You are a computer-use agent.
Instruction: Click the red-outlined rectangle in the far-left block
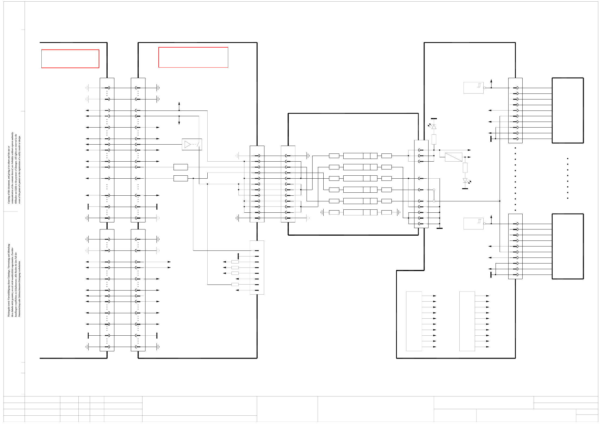pos(70,59)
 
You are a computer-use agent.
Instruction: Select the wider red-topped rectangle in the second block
pos(193,57)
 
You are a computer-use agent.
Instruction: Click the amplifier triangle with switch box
pos(192,144)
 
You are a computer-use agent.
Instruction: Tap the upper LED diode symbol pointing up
pos(434,126)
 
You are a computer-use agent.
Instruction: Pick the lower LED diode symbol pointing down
pos(465,181)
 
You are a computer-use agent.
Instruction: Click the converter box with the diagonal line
pos(453,157)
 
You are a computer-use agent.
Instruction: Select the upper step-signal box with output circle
pos(473,88)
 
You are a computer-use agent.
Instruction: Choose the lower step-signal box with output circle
pos(473,224)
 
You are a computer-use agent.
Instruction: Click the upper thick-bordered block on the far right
pos(567,110)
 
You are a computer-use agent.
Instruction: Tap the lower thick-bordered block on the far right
pos(567,246)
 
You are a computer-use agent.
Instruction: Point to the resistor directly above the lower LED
pos(465,168)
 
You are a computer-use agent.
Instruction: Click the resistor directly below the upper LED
pos(434,139)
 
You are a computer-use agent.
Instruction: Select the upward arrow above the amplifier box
pos(179,104)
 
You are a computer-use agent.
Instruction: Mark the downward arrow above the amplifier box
pos(179,122)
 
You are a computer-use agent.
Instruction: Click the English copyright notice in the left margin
pos(14,168)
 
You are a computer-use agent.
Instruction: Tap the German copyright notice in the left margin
pos(14,280)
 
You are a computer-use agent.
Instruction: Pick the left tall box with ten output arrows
pos(414,321)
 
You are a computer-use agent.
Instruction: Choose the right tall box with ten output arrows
pos(467,321)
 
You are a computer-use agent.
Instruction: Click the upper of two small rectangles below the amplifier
pos(181,167)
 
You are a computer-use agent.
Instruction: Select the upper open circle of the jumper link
pos(434,190)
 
